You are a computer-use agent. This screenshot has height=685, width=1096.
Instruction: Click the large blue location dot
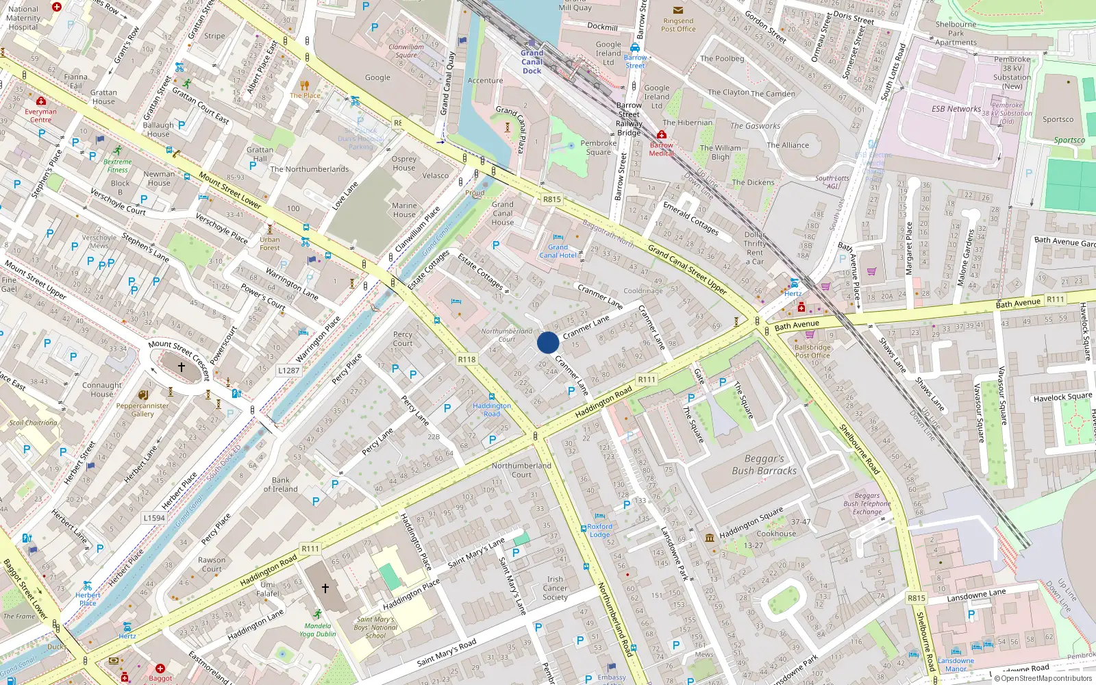[x=548, y=342]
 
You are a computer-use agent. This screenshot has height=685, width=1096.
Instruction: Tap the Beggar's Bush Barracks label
[x=764, y=465]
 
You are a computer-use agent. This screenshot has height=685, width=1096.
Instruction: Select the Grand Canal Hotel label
[x=558, y=251]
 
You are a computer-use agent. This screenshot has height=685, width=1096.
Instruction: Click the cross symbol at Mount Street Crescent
[x=182, y=367]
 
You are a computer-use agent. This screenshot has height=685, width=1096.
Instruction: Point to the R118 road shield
[x=466, y=359]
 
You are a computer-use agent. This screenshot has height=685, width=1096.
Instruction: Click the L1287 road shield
[x=288, y=371]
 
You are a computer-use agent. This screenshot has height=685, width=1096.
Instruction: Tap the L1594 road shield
[x=154, y=518]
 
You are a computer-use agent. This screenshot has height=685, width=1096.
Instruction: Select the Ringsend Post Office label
[x=678, y=25]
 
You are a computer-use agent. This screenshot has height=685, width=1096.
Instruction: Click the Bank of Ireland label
[x=281, y=485]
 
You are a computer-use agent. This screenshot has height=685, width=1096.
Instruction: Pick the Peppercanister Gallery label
[x=142, y=410]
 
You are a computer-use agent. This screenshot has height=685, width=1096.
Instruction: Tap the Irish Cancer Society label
[x=555, y=588]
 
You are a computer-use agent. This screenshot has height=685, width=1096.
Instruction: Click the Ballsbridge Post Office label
[x=812, y=351]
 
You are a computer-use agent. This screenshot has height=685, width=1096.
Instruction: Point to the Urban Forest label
[x=270, y=243]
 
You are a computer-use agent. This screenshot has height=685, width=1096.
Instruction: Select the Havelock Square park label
[x=1062, y=397]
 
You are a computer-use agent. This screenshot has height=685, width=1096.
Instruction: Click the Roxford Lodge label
[x=600, y=531]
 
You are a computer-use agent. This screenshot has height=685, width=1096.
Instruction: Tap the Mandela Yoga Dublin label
[x=317, y=630]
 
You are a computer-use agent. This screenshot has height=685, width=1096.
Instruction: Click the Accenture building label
[x=485, y=81]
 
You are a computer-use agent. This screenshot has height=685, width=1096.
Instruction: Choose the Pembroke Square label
[x=598, y=148]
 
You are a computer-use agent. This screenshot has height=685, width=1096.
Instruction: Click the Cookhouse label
[x=776, y=534]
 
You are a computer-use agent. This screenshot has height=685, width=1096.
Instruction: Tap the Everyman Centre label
[x=40, y=115]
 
